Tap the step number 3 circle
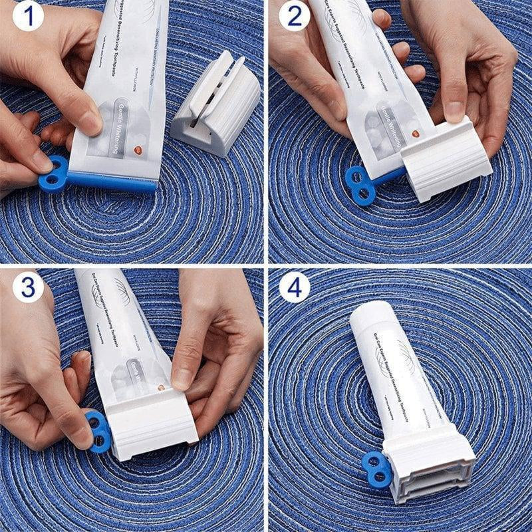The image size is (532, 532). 27,287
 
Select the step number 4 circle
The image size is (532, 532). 294,287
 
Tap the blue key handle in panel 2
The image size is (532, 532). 360,185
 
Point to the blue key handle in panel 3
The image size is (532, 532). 98,430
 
